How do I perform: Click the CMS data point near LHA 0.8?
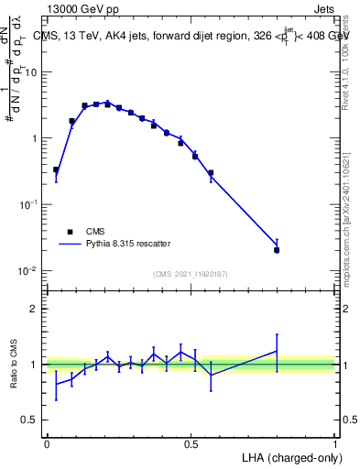pos(277,250)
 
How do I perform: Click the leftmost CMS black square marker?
pos(56,169)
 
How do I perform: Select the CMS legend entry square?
pos(70,232)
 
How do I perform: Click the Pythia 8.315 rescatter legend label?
pos(128,244)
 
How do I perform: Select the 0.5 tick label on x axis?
pos(191,444)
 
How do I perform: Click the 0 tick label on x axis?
pos(47,444)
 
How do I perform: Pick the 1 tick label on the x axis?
pos(335,444)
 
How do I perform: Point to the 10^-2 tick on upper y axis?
pos(27,271)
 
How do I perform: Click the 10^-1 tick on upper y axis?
pos(27,205)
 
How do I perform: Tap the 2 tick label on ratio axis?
pos(35,309)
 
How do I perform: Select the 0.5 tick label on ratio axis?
pos(30,420)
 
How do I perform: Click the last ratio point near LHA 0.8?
pos(277,351)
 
